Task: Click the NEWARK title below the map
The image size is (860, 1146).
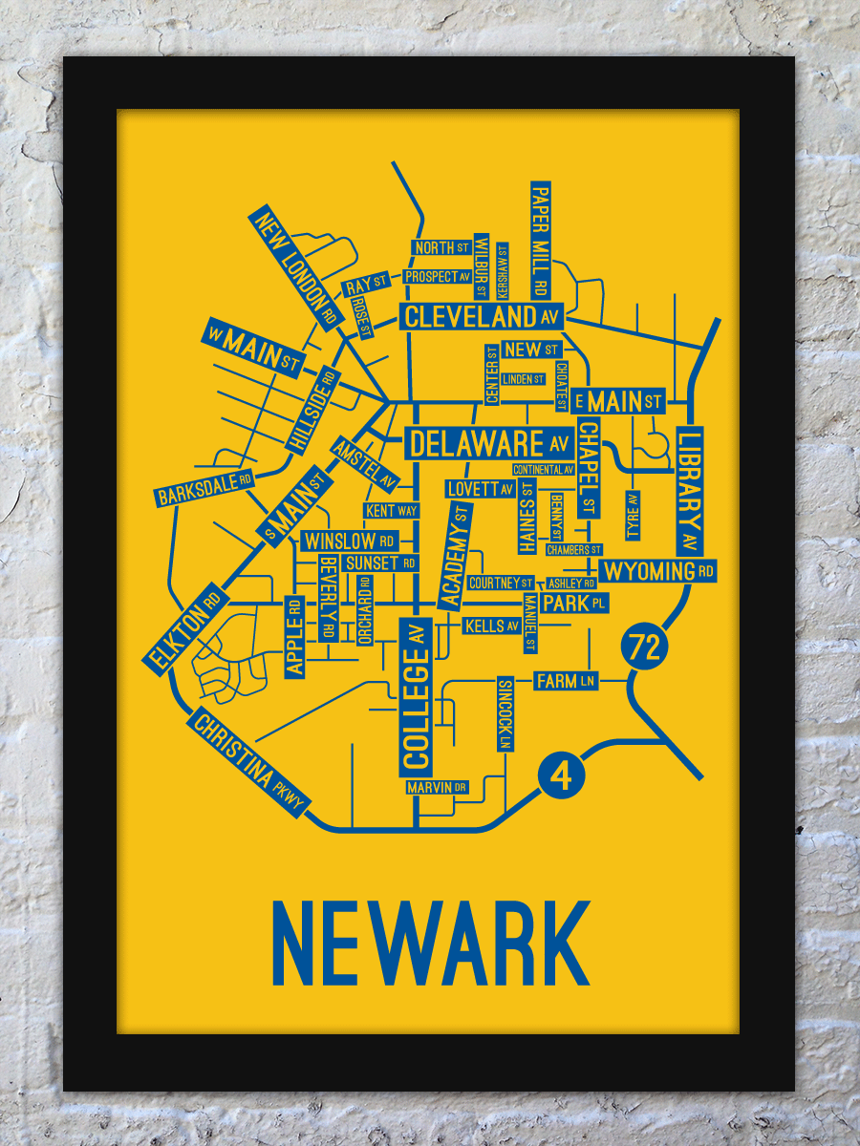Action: point(431,943)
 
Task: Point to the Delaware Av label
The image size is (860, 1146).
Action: point(488,443)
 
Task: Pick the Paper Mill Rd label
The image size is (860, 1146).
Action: point(540,238)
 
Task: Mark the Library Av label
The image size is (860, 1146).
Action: point(689,491)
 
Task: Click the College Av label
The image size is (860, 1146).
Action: point(415,695)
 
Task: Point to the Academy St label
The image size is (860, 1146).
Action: point(456,556)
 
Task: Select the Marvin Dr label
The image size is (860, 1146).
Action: point(437,788)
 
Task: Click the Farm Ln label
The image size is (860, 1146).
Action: point(566,681)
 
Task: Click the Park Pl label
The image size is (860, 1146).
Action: point(574,604)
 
